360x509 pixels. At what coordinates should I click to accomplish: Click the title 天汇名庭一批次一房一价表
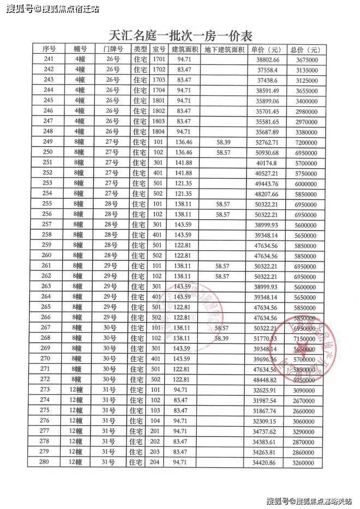tap(181, 37)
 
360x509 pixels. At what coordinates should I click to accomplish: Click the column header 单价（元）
tap(265, 49)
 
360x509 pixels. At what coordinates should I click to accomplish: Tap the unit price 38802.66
tap(265, 59)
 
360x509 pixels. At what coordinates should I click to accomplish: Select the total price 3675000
tap(304, 59)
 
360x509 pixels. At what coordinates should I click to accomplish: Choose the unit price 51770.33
tap(265, 339)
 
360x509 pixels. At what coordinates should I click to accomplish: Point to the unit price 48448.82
tap(265, 380)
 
